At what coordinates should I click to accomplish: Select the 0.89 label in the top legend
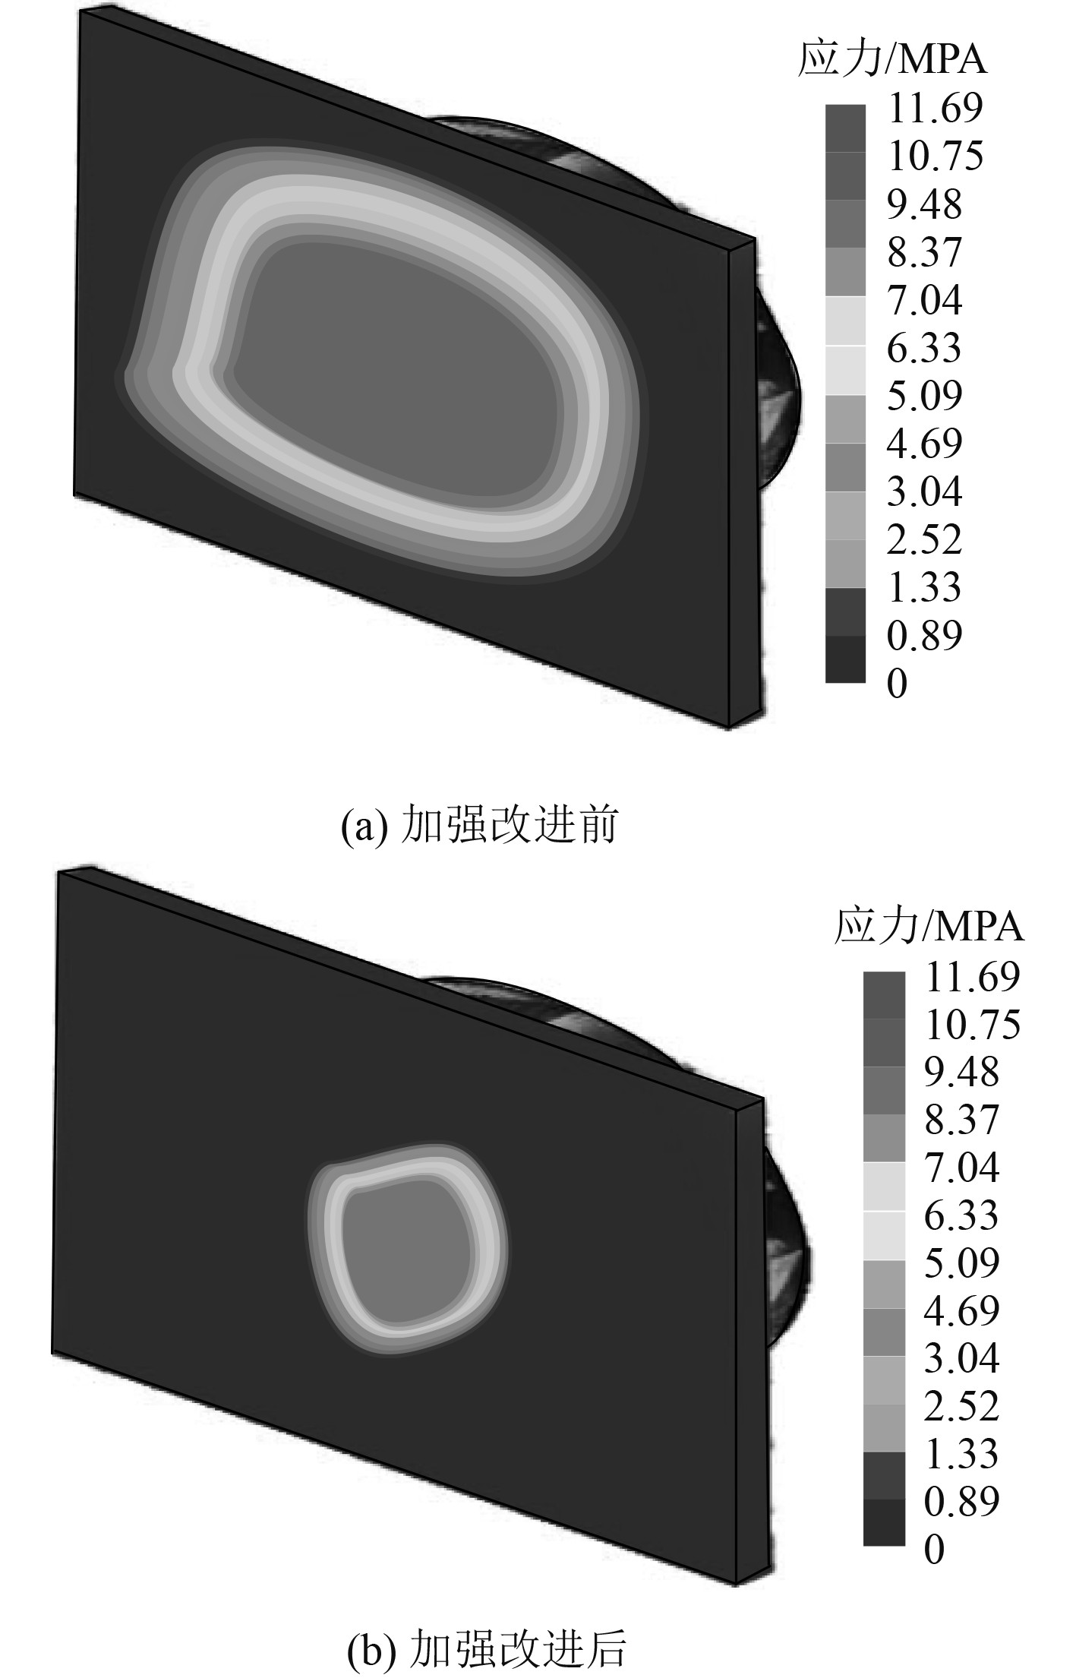click(x=924, y=636)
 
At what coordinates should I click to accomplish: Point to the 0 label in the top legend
click(x=897, y=684)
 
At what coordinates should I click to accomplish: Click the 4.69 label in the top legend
click(x=924, y=444)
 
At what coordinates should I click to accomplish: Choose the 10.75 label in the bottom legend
click(x=972, y=1025)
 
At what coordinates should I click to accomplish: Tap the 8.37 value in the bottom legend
click(x=961, y=1120)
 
